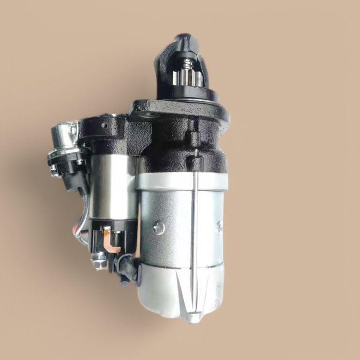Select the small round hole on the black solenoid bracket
pyautogui.click(x=105, y=124)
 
